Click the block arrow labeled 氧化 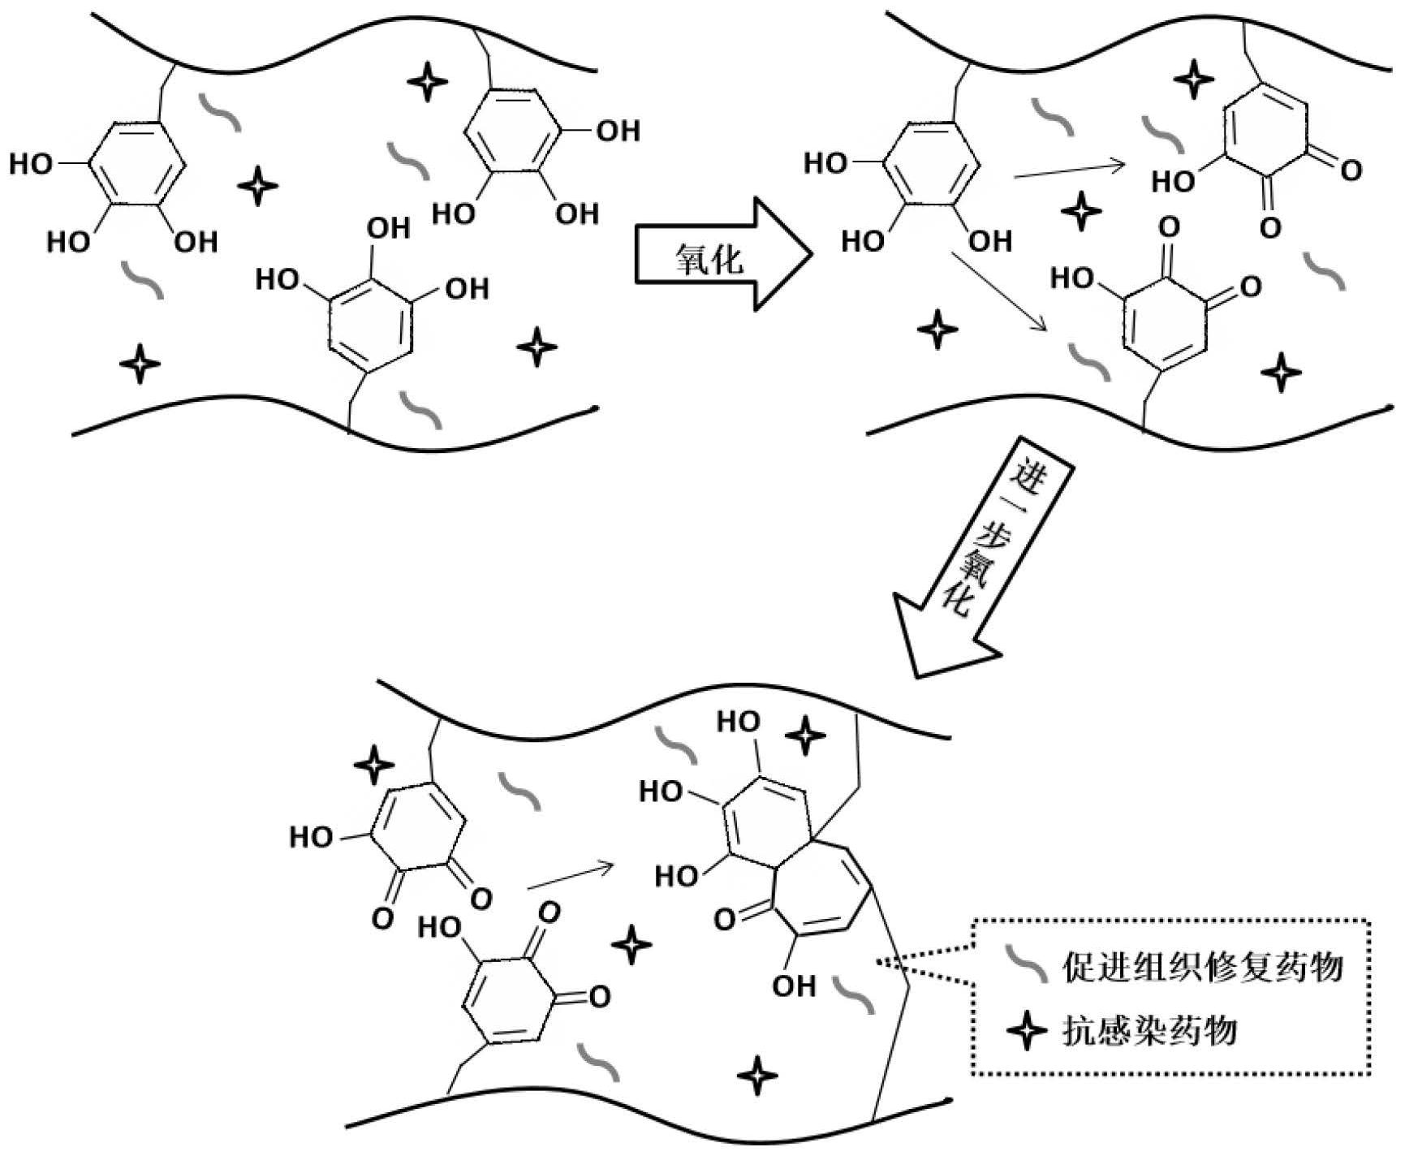coord(718,253)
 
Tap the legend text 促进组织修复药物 coord(1202,967)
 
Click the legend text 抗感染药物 coord(1150,1031)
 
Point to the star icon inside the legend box coord(1027,1031)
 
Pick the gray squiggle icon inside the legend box coord(1027,965)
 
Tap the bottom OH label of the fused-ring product coord(793,986)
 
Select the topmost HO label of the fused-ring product coord(739,722)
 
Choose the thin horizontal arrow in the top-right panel coord(1069,169)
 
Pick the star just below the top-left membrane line coord(427,81)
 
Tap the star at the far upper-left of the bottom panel coord(374,764)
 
